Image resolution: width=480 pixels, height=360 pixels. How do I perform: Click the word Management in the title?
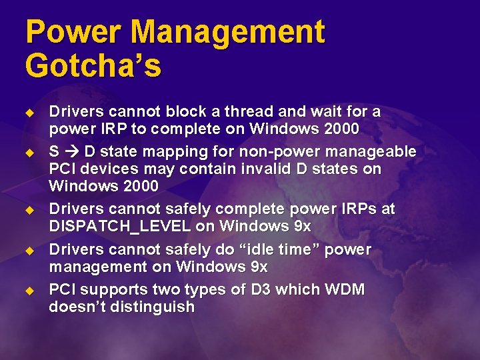[x=227, y=33]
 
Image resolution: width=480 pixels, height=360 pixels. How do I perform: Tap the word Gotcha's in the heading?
[x=93, y=66]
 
